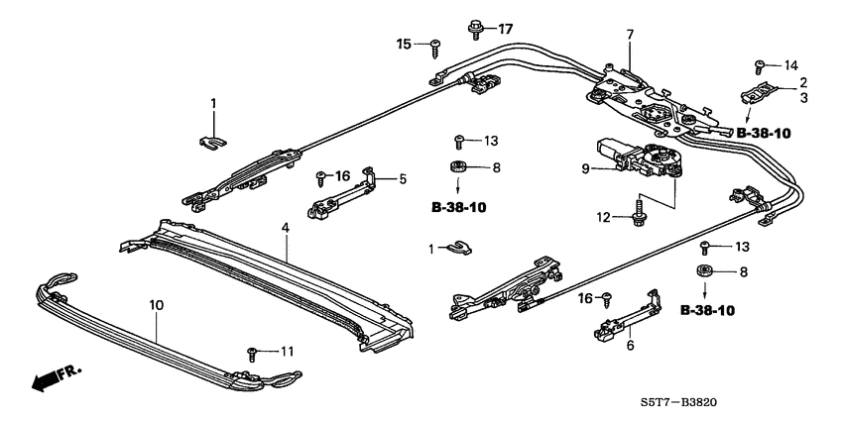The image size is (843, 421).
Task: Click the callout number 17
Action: pyautogui.click(x=506, y=28)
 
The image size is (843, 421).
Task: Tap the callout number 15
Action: pyautogui.click(x=404, y=44)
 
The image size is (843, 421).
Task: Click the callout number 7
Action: pyautogui.click(x=629, y=36)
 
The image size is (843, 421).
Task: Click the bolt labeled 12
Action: pyautogui.click(x=633, y=214)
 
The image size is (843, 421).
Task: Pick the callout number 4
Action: pyautogui.click(x=286, y=230)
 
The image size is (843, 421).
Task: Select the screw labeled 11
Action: pyautogui.click(x=254, y=352)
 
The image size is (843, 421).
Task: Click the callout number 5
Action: pyautogui.click(x=403, y=179)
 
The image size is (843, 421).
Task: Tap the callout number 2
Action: pyautogui.click(x=803, y=82)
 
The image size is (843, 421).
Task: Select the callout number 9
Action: pyautogui.click(x=587, y=168)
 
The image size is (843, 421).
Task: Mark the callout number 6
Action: pyautogui.click(x=629, y=345)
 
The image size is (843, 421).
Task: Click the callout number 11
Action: pyautogui.click(x=287, y=352)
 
